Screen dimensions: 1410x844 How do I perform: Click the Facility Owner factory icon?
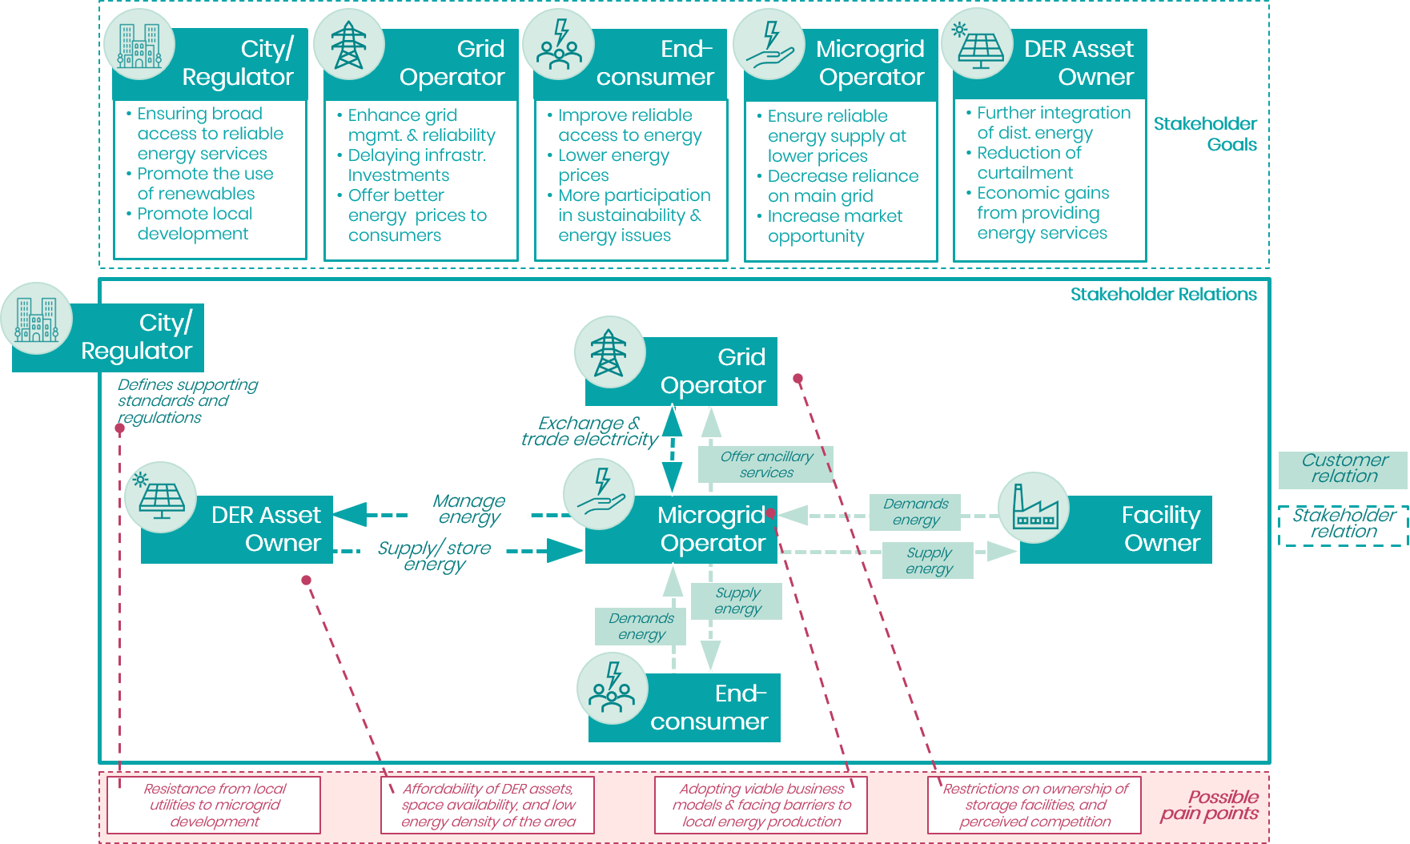1034,508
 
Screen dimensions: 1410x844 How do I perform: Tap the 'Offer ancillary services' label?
766,464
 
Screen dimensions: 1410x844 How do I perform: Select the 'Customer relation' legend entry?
1344,469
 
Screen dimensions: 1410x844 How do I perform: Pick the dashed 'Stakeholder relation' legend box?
1344,525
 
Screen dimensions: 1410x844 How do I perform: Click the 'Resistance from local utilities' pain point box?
214,805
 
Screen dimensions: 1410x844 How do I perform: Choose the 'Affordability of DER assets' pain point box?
488,805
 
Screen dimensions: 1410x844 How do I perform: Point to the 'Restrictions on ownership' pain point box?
1034,805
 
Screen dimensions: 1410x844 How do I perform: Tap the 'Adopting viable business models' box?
761,805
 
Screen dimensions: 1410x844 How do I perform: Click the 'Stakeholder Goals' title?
1205,134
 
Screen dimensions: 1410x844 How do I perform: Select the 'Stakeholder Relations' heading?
1163,295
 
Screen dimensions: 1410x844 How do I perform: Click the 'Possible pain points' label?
1210,806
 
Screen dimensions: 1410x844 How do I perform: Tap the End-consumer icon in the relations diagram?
613,689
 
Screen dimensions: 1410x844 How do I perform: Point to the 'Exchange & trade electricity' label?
589,431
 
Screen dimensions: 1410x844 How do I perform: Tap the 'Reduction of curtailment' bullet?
1025,163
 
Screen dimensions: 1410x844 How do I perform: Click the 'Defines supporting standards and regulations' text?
187,401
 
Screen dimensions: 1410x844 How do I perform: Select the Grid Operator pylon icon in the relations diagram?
609,352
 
